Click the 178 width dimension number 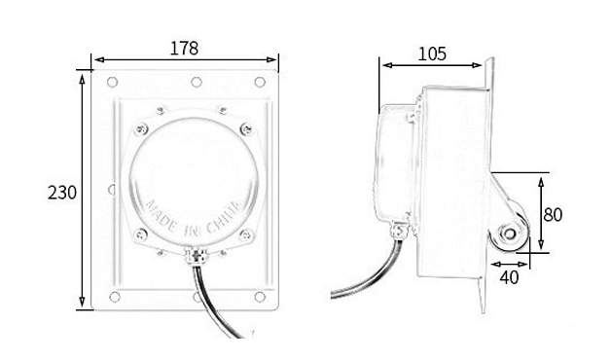point(184,49)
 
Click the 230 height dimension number point(62,193)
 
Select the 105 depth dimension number point(432,54)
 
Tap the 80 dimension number point(553,215)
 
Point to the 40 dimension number point(509,277)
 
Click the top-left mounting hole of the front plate point(112,82)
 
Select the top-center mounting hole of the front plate point(197,82)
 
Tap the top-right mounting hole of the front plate point(260,82)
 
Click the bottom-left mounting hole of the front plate point(115,297)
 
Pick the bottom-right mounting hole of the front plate point(260,297)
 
